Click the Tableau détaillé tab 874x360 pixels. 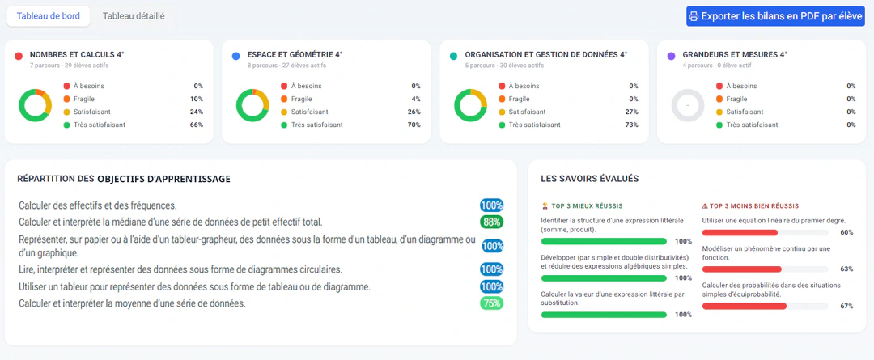[x=134, y=16]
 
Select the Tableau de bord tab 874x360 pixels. [x=48, y=16]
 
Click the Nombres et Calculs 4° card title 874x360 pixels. [x=77, y=55]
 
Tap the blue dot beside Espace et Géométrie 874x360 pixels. [x=235, y=56]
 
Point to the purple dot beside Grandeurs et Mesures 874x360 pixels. [x=671, y=56]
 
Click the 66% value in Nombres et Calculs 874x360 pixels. [x=197, y=125]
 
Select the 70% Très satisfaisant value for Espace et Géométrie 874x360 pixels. [x=414, y=125]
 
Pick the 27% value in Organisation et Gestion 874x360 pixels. [x=631, y=112]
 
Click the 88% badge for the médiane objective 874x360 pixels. [x=491, y=222]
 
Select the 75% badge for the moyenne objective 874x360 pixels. [x=491, y=303]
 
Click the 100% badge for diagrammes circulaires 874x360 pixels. [x=491, y=269]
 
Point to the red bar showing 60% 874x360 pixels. [x=740, y=232]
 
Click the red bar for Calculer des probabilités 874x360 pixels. [x=745, y=306]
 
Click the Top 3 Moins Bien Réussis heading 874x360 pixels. [x=750, y=205]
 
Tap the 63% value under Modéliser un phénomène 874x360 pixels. [x=846, y=269]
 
